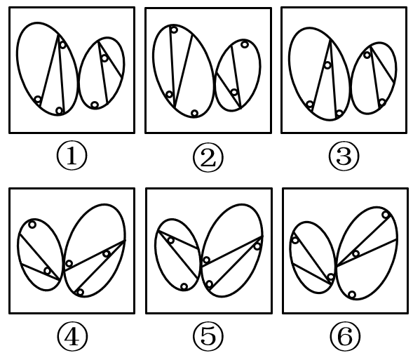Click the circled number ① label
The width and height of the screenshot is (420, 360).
tap(72, 156)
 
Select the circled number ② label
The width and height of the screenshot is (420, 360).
tap(208, 157)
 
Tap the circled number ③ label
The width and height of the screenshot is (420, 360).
tap(344, 156)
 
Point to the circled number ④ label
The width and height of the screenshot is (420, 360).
tap(72, 337)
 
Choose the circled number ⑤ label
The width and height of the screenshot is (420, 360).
tap(208, 337)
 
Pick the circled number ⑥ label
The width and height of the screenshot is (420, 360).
tap(345, 336)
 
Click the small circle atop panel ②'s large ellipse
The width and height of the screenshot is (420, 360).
tap(174, 29)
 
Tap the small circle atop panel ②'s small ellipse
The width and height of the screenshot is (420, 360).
tap(244, 44)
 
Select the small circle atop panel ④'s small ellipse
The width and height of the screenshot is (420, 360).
tap(32, 225)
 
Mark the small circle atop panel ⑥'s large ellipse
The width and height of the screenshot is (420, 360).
tap(386, 215)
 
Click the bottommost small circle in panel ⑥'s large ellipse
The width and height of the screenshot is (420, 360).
tap(352, 295)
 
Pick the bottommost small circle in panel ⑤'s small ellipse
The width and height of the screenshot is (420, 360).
tap(184, 287)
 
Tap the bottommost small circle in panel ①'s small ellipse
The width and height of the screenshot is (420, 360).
tap(95, 105)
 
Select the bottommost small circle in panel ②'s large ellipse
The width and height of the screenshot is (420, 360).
tap(195, 113)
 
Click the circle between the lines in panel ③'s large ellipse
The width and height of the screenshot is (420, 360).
tap(327, 65)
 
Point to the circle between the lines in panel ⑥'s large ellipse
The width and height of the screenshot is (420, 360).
tap(355, 253)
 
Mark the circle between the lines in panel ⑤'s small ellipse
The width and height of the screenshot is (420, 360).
tap(170, 240)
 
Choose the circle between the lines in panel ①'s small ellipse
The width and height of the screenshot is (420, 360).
tap(104, 58)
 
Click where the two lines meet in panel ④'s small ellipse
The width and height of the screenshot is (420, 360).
tap(60, 280)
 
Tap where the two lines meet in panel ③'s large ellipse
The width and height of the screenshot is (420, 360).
tap(330, 40)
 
